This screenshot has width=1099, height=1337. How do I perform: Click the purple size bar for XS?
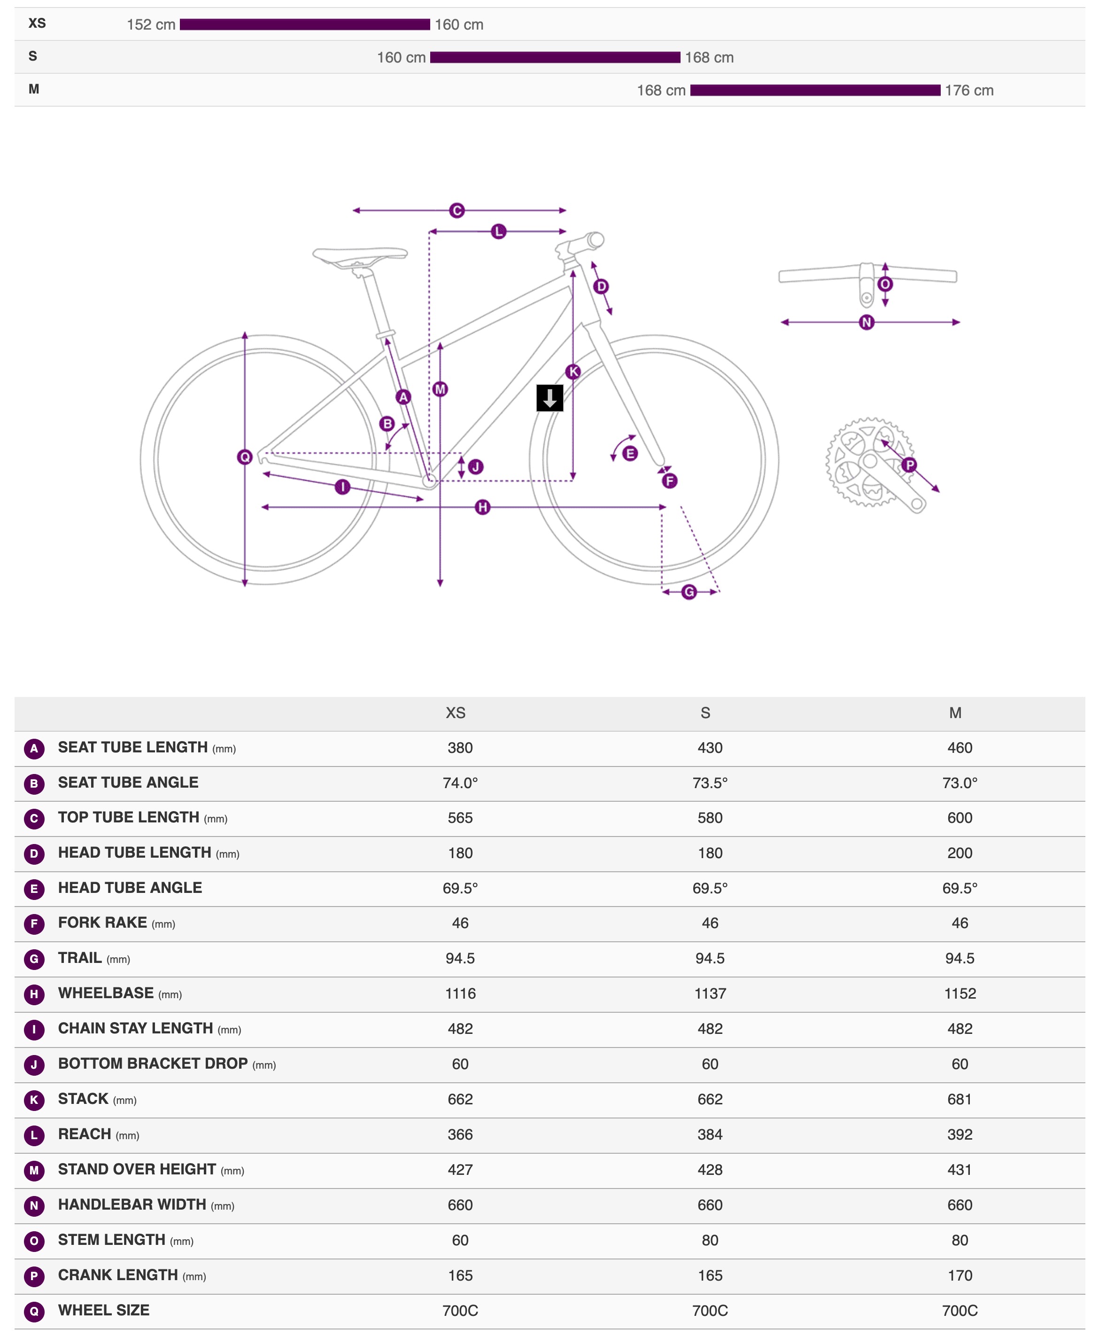coord(304,25)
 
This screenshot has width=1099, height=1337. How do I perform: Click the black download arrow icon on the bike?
coord(549,398)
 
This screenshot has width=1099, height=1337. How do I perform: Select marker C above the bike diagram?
coord(457,210)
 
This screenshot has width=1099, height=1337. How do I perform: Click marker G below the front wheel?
coord(689,592)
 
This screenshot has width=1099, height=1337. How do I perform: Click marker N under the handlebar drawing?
coord(867,322)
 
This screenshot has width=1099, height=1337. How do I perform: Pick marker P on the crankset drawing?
coord(909,465)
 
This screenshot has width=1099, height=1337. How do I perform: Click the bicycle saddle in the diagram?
coord(360,256)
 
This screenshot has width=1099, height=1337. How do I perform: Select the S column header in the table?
coord(705,713)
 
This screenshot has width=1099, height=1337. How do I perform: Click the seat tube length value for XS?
coord(460,748)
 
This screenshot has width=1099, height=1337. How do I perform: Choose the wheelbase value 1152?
coord(960,994)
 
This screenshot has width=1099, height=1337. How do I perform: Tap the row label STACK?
coord(84,1099)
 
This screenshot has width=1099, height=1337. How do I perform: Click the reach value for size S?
coord(710,1134)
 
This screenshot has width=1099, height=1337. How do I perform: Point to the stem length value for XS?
coord(460,1240)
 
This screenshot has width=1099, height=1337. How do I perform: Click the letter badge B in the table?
coord(34,783)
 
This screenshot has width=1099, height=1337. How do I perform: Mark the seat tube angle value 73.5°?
coord(710,783)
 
